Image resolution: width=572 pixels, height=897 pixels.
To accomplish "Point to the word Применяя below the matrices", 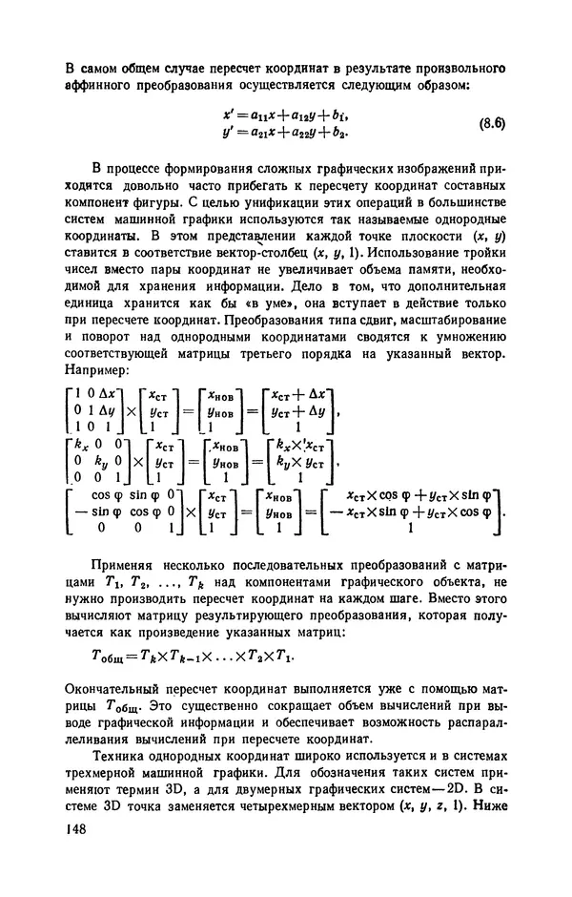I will (x=123, y=562).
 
